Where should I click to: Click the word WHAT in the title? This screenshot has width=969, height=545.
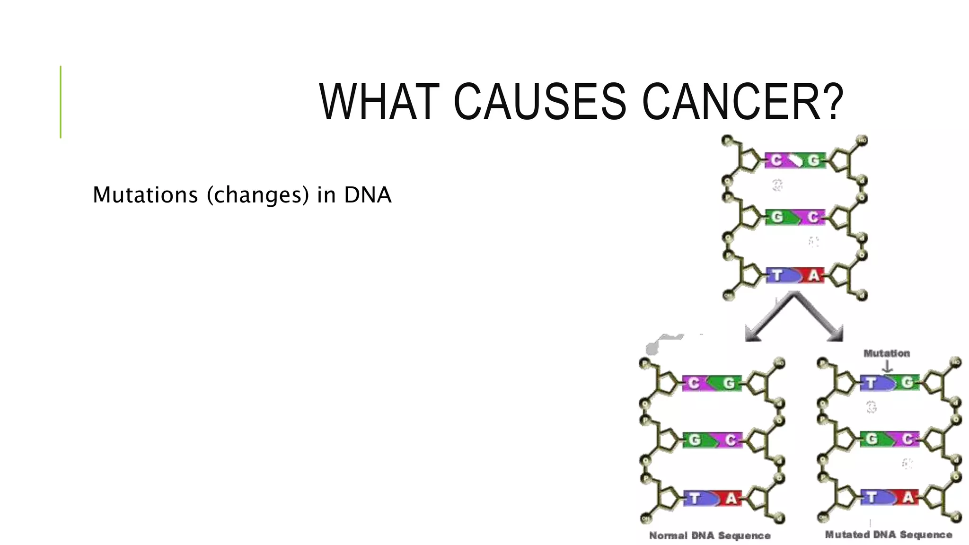[x=379, y=102]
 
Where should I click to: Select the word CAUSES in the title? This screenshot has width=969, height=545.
[x=540, y=102]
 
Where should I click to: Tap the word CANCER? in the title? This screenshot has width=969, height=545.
[x=742, y=102]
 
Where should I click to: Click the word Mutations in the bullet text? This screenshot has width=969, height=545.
[x=145, y=195]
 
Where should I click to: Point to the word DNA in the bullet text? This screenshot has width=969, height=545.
[x=368, y=195]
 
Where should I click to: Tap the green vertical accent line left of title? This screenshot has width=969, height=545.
[x=61, y=102]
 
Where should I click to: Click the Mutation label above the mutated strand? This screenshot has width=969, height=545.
[x=887, y=353]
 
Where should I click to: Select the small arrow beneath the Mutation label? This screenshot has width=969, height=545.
[x=887, y=367]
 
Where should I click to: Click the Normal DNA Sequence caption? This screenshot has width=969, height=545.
[x=710, y=536]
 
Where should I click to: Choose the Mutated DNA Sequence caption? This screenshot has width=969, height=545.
[x=889, y=535]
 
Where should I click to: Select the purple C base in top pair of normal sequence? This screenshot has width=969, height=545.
[x=694, y=383]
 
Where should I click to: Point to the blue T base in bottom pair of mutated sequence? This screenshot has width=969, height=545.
[x=872, y=497]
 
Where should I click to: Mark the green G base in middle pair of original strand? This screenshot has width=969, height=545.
[x=777, y=217]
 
